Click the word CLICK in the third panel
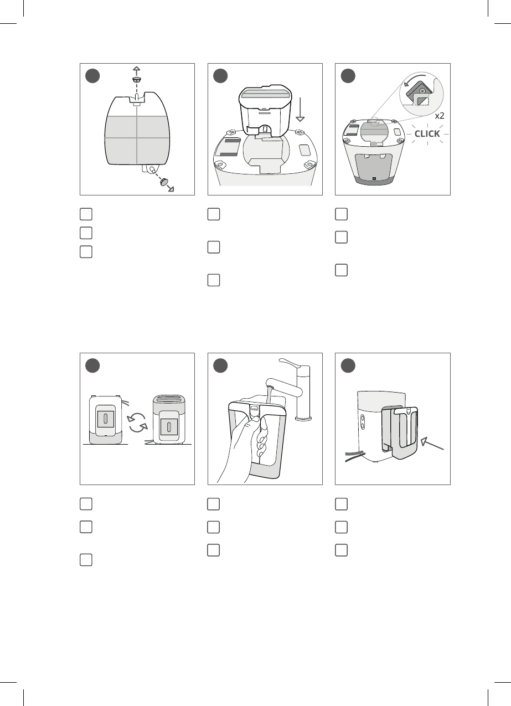click(x=427, y=133)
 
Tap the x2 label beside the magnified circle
click(x=440, y=116)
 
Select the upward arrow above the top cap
click(x=136, y=71)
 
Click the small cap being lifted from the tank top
click(x=136, y=79)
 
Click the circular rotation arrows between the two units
click(x=137, y=424)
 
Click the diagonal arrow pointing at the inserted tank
click(x=432, y=443)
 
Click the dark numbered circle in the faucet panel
click(x=220, y=365)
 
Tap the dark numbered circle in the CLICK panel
click(x=348, y=76)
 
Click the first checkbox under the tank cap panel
click(x=86, y=214)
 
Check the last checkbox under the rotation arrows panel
click(x=86, y=560)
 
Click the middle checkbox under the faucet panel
click(x=213, y=527)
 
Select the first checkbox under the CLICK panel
click(x=341, y=214)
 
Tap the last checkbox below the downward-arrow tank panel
click(x=214, y=280)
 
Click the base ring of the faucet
click(x=303, y=419)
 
